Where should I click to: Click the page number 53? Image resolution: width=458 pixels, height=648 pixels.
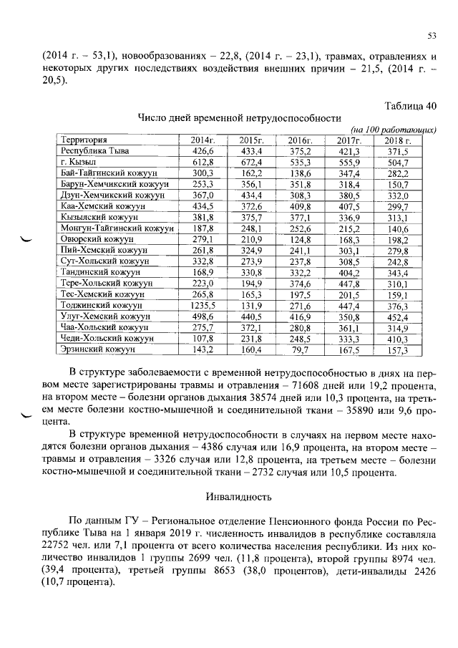pos(432,36)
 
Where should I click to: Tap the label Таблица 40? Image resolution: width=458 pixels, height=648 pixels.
pos(410,106)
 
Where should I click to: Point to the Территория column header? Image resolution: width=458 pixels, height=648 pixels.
pos(84,140)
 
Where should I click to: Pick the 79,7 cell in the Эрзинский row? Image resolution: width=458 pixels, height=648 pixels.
pos(300,350)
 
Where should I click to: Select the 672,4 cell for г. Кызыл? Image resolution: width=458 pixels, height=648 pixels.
pos(252,163)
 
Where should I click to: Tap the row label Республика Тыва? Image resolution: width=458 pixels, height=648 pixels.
pos(92,152)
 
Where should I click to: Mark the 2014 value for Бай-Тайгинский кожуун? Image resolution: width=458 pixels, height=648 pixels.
pos(203,175)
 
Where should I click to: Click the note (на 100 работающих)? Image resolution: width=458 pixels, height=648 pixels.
pos(399,129)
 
